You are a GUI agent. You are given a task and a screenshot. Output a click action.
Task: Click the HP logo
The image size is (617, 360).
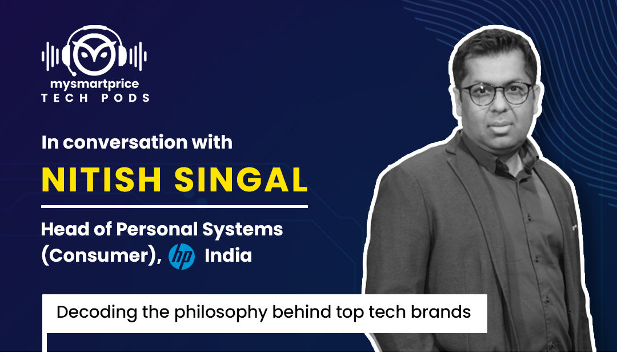(182, 256)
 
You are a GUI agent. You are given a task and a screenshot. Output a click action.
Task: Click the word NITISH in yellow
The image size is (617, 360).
(101, 180)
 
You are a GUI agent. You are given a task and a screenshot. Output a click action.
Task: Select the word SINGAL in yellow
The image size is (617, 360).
(241, 180)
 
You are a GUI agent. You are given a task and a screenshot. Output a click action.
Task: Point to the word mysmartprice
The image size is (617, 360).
(94, 84)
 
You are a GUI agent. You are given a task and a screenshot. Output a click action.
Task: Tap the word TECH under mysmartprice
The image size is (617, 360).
(65, 98)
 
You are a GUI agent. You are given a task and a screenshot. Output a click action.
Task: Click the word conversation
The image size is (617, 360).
(125, 142)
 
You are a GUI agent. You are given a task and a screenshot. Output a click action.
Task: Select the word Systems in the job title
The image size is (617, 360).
(242, 230)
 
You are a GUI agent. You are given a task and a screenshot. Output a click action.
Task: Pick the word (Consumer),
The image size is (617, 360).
(102, 256)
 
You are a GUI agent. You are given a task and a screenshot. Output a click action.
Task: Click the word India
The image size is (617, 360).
(228, 256)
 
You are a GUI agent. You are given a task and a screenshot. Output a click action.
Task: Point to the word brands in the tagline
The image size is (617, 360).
(440, 312)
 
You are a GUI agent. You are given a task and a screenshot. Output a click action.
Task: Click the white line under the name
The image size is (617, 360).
(174, 206)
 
